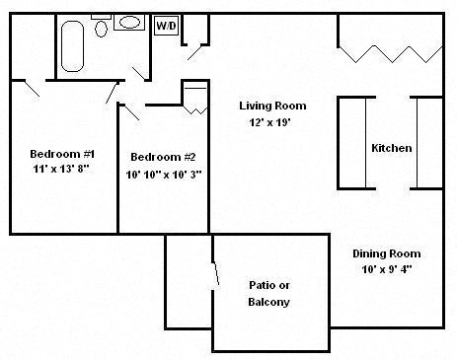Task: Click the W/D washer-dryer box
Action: pos(166,26)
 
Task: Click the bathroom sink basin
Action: pos(130,22)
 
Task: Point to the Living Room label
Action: pos(272,106)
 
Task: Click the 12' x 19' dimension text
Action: pos(272,122)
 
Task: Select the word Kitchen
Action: pos(391,148)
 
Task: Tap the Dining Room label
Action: pos(387,253)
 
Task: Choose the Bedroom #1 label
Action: pos(61,153)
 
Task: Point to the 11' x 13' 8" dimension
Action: pos(61,170)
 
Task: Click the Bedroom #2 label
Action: pos(163,157)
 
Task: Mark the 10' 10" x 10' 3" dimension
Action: pos(163,174)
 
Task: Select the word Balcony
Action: pos(268,302)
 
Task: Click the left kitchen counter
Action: pos(351,142)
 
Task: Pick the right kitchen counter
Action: pos(427,142)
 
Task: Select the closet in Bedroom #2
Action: pos(194,98)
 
